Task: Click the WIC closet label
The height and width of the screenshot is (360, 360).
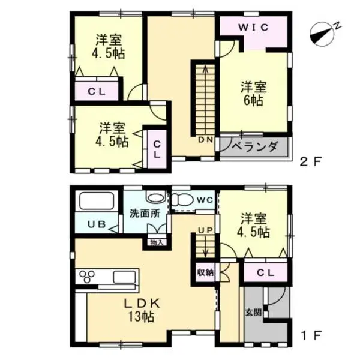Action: click(x=253, y=28)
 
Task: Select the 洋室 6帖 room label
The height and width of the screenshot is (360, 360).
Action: click(x=253, y=94)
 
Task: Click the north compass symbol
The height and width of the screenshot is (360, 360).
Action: click(x=322, y=34)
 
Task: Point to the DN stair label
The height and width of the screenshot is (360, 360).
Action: click(x=206, y=140)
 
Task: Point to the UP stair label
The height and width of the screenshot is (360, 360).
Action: click(x=206, y=230)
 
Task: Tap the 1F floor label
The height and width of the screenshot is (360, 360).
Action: click(x=311, y=336)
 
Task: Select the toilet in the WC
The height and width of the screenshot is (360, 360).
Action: click(x=182, y=200)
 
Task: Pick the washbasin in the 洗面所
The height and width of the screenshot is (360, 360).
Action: click(x=156, y=197)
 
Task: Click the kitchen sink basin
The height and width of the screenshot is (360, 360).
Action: click(x=124, y=277)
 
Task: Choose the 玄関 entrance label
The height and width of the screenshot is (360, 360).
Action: click(x=253, y=312)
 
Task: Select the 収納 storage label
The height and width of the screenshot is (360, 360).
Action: click(x=205, y=272)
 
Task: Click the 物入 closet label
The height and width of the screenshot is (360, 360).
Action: click(x=157, y=243)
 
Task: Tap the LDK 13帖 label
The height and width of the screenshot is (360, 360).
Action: click(x=142, y=310)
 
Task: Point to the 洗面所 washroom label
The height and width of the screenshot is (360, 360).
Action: click(x=145, y=214)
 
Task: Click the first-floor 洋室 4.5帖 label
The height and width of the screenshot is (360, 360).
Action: click(x=253, y=226)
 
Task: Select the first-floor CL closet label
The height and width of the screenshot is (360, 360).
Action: click(x=265, y=272)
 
